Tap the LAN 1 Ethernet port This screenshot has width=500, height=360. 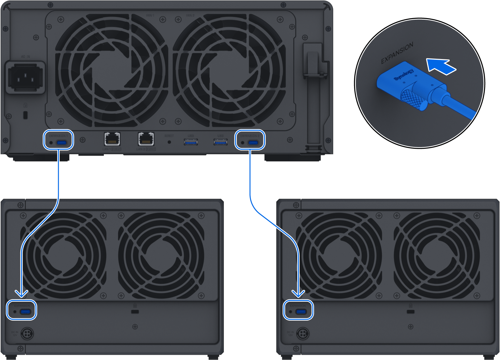(x=112, y=139)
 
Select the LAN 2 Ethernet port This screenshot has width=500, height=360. (x=146, y=139)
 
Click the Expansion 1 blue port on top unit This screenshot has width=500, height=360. (x=62, y=143)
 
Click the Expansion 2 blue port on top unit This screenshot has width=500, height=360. (x=253, y=143)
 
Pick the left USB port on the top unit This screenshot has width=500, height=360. (x=191, y=142)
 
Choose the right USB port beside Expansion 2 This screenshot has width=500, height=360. (x=220, y=142)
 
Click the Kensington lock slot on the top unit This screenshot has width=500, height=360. (x=26, y=115)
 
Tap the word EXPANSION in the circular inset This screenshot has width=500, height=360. (x=397, y=53)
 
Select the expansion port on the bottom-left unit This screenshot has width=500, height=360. (x=25, y=312)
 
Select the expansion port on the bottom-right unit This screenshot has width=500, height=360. (x=301, y=312)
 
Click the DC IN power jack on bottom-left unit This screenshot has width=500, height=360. (x=27, y=334)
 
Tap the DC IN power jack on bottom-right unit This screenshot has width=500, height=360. (x=302, y=334)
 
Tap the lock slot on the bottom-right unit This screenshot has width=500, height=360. (x=411, y=312)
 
